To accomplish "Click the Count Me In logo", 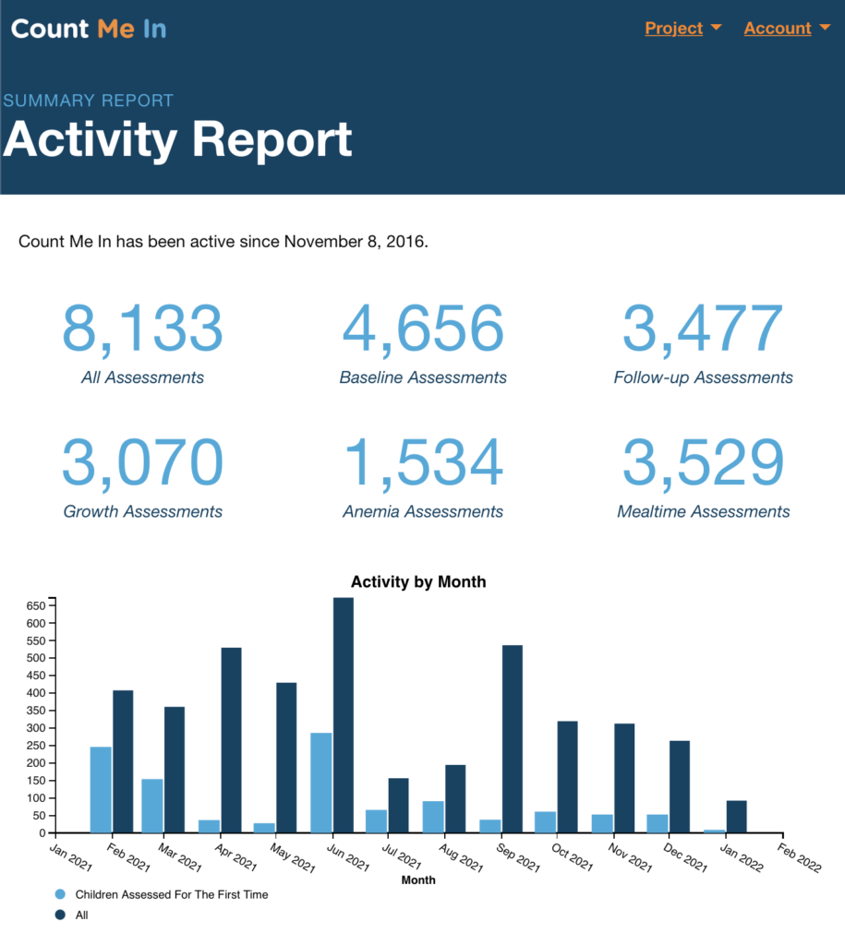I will pyautogui.click(x=89, y=29).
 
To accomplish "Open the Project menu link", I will pyautogui.click(x=674, y=29).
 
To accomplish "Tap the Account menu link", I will pyautogui.click(x=778, y=29).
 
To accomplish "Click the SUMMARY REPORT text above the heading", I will pyautogui.click(x=88, y=101).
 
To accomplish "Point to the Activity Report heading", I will pyautogui.click(x=177, y=140).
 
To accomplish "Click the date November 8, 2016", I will pyautogui.click(x=355, y=243).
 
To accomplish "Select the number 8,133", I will pyautogui.click(x=142, y=329).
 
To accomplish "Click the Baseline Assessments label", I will pyautogui.click(x=423, y=377).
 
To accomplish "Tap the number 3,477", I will pyautogui.click(x=703, y=329).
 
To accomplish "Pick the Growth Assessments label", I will pyautogui.click(x=142, y=511).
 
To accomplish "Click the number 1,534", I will pyautogui.click(x=423, y=463).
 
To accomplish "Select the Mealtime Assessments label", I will pyautogui.click(x=703, y=511).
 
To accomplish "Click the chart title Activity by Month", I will pyautogui.click(x=418, y=582).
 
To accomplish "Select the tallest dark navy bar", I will pyautogui.click(x=343, y=715).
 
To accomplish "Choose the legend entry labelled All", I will pyautogui.click(x=81, y=915).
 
